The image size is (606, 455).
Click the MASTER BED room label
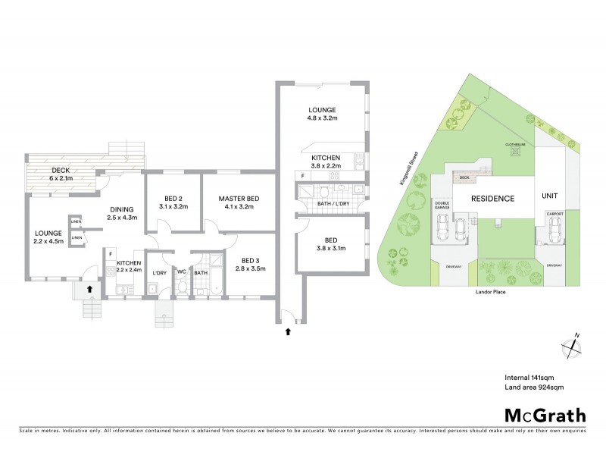[239, 199]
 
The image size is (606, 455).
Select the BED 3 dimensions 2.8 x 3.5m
[251, 268]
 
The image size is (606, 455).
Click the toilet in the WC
[182, 286]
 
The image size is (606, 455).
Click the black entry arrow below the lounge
[89, 288]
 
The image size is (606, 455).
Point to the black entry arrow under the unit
[287, 331]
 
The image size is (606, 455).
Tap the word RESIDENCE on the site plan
[493, 199]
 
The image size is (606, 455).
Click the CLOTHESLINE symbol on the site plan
[517, 150]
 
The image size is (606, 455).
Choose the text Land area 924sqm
[534, 386]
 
